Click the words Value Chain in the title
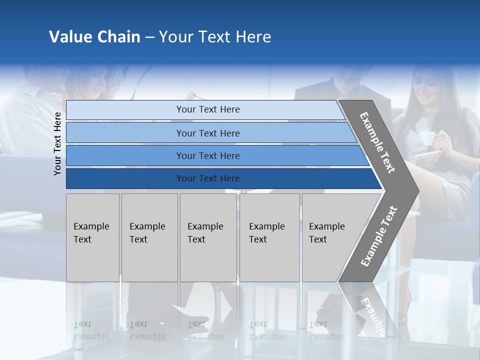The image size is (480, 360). pos(94,37)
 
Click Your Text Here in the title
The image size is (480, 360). pos(215,37)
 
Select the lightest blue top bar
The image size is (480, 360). pos(207,109)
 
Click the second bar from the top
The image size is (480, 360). pos(207,133)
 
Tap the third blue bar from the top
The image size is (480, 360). pos(207,155)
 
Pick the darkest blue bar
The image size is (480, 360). pos(207,178)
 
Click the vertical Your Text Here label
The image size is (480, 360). pos(57,143)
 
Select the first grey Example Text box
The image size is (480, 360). pos(92,237)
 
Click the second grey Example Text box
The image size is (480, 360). pos(149,237)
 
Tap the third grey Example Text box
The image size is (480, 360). pos(207,237)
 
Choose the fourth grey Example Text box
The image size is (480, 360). pos(269,237)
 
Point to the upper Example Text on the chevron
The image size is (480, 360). pos(377,142)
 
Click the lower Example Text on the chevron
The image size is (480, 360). pos(378,236)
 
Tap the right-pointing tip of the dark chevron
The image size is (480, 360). pos(416,190)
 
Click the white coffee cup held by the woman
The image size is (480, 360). pos(426,138)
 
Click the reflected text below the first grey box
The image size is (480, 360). pos(91,330)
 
